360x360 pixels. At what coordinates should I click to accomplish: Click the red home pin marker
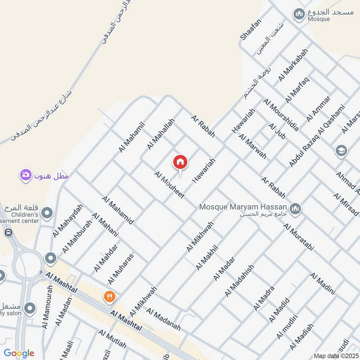point(180,162)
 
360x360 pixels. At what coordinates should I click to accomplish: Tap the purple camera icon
point(26,175)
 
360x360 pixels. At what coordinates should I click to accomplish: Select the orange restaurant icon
point(109,297)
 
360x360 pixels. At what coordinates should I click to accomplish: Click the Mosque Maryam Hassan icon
point(296,208)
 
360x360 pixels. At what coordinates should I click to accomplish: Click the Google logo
point(19,353)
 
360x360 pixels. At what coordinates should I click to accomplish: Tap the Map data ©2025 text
point(336,355)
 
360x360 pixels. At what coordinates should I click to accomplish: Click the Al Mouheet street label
point(169,185)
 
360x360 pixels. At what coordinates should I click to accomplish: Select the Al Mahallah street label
point(160,135)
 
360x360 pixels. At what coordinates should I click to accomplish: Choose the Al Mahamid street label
point(117,211)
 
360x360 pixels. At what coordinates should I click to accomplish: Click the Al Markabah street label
point(293,65)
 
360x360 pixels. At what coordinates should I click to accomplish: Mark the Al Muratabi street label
point(298,236)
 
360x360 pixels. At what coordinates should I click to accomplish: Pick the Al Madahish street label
point(239,280)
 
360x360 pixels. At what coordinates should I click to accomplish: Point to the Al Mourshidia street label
point(280,114)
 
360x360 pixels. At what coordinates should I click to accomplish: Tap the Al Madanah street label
point(163,319)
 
